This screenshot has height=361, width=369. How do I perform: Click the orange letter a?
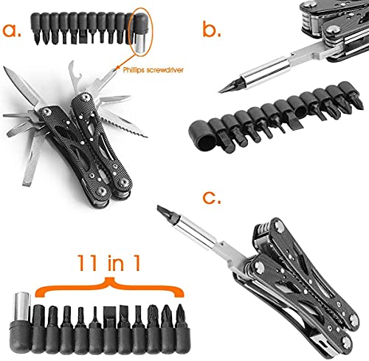12,30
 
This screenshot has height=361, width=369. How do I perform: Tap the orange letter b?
212,28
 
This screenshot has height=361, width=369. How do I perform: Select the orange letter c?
211,197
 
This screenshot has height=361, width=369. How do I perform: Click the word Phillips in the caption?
134,70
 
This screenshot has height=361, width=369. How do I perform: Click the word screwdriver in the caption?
165,70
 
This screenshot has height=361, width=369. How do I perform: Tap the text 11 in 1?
109,263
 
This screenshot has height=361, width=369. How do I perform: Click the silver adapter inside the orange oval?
142,43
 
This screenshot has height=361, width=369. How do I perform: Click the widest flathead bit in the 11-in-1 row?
109,312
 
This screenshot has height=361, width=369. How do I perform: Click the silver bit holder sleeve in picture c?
197,231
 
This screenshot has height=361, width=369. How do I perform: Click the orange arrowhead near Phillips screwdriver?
117,68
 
